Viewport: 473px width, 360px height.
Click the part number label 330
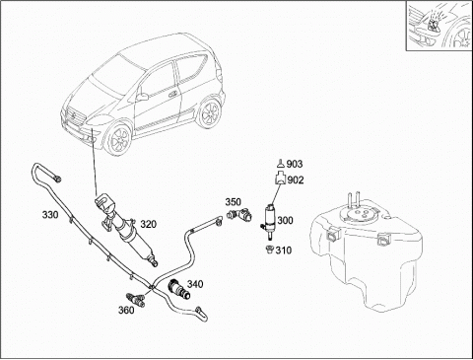pyautogui.click(x=50, y=215)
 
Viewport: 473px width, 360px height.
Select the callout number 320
pyautogui.click(x=149, y=224)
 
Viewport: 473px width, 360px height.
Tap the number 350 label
pyautogui.click(x=233, y=201)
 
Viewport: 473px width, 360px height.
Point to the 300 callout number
pyautogui.click(x=285, y=220)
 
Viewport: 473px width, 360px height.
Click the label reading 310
pyautogui.click(x=284, y=251)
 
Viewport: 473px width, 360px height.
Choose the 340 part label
pyautogui.click(x=195, y=284)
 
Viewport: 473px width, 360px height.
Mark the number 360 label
pyautogui.click(x=126, y=310)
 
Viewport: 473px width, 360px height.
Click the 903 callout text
pyautogui.click(x=295, y=164)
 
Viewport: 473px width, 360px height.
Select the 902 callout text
pyautogui.click(x=296, y=180)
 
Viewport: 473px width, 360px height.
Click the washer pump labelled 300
pyautogui.click(x=270, y=220)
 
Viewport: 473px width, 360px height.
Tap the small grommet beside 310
pyautogui.click(x=269, y=250)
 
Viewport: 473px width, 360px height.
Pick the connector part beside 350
pyautogui.click(x=239, y=214)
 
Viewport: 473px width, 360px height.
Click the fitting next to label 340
pyautogui.click(x=179, y=289)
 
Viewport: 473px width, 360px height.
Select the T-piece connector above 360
pyautogui.click(x=136, y=300)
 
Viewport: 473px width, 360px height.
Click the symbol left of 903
pyautogui.click(x=280, y=163)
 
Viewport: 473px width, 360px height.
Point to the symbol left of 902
pyautogui.click(x=280, y=179)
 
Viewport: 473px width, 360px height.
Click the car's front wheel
pyautogui.click(x=118, y=139)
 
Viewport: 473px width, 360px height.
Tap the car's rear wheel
pyautogui.click(x=209, y=112)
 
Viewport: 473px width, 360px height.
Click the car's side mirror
pyautogui.click(x=143, y=97)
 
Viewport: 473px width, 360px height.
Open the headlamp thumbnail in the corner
pyautogui.click(x=439, y=26)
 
